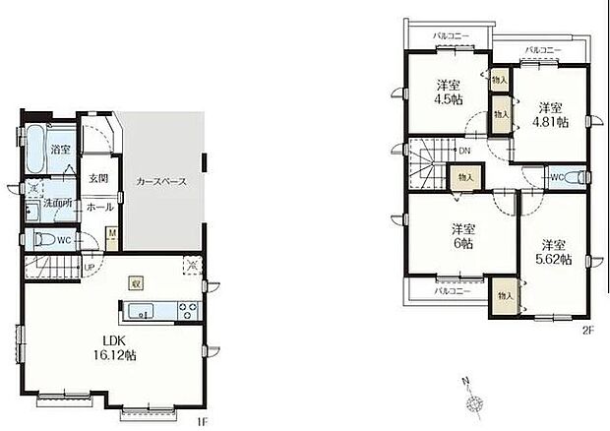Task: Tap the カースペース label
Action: (161, 182)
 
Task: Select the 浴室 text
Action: (61, 150)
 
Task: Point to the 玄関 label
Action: (97, 179)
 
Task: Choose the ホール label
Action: (98, 208)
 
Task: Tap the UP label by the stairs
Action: (90, 267)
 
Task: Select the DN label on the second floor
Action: (464, 151)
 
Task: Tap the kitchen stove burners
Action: (186, 312)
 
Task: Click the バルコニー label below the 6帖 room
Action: (452, 291)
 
